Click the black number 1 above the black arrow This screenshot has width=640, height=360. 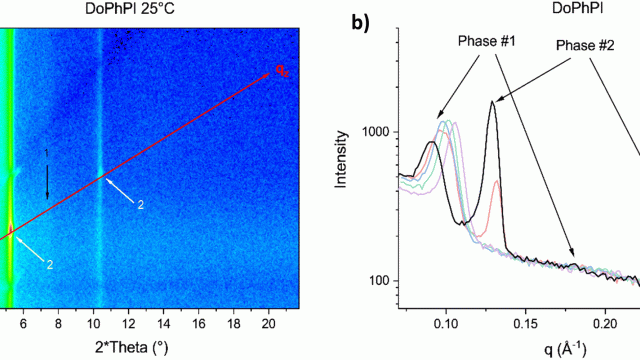coord(46,152)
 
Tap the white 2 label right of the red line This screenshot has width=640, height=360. coord(141,205)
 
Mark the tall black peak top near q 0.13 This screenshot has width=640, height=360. coord(492,101)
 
